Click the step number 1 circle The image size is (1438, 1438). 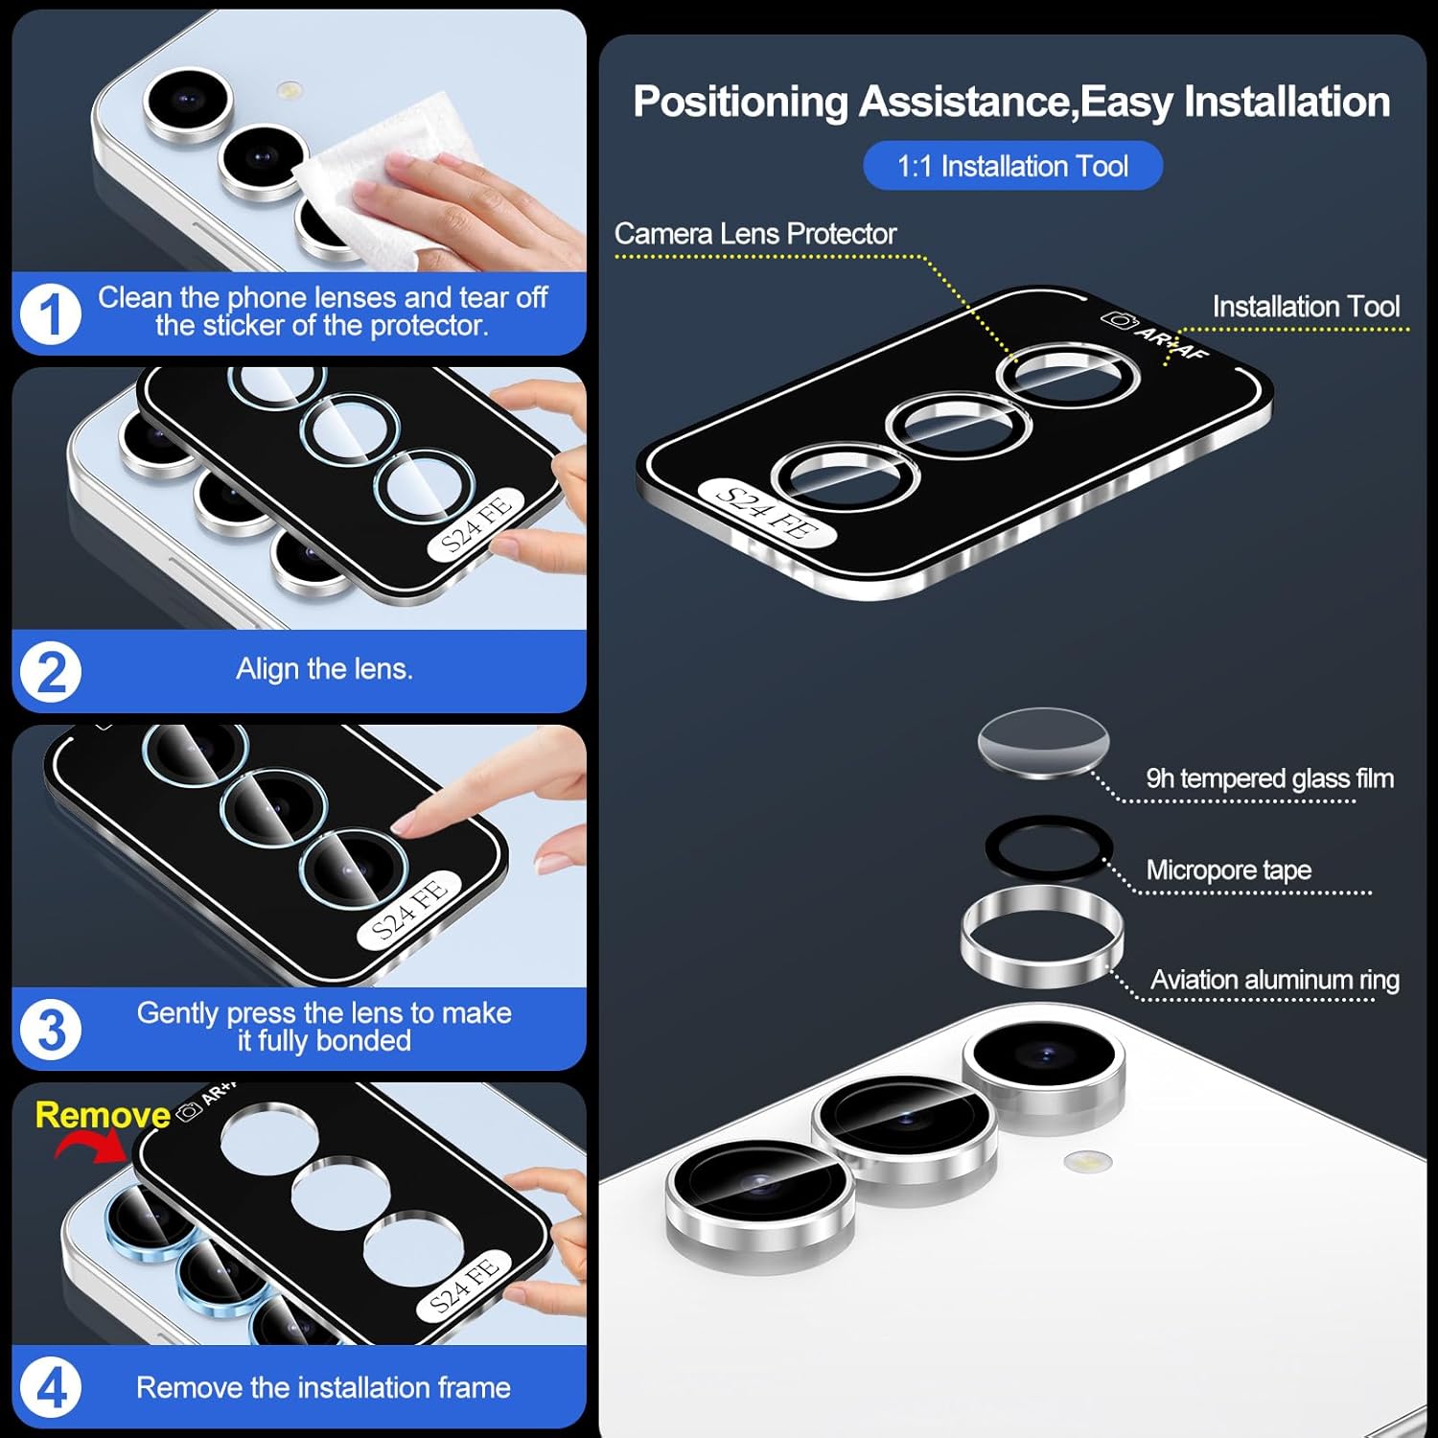(x=51, y=313)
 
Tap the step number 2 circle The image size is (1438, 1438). (x=51, y=672)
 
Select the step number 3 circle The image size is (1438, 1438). (x=51, y=1031)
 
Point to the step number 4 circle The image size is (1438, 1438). (x=51, y=1388)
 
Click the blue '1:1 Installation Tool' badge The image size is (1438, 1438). (x=1012, y=166)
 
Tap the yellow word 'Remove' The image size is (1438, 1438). (x=103, y=1114)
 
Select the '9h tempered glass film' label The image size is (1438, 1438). (x=1269, y=778)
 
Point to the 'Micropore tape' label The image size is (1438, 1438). (x=1228, y=870)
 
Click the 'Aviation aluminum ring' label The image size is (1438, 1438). (x=1274, y=980)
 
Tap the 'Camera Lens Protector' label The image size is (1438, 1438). (x=755, y=233)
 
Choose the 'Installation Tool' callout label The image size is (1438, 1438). (x=1306, y=307)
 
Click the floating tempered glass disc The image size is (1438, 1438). (x=1043, y=742)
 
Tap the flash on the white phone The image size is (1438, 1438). (x=1086, y=1162)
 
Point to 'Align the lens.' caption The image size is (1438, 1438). (x=324, y=668)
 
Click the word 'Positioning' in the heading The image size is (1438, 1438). (x=740, y=103)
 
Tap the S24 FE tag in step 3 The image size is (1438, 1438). (x=409, y=911)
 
